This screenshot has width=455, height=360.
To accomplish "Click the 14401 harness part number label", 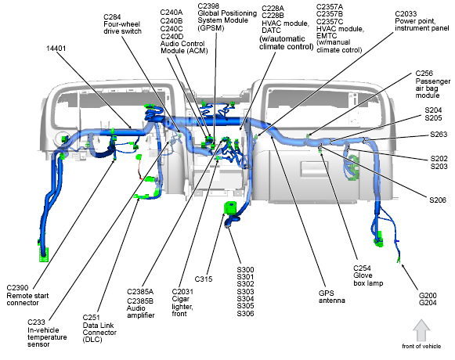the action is (56, 49).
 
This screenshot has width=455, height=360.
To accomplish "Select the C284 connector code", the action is (112, 17).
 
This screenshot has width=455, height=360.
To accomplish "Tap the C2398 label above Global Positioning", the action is (208, 6).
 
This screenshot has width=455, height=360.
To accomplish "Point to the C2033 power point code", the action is (406, 14).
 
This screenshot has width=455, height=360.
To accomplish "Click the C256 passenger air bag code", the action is (424, 74).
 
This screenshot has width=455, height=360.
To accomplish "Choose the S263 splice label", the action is (439, 135).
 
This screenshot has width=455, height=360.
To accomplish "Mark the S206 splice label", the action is (438, 200).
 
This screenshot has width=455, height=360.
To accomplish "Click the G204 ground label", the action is (428, 303).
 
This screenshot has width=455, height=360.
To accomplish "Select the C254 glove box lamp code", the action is (362, 268).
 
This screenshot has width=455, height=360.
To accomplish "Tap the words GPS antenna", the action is (332, 297).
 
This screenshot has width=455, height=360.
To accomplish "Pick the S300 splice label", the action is (245, 269).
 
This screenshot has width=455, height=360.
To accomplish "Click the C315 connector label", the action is (204, 279).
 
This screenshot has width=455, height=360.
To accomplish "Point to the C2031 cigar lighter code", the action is (182, 292).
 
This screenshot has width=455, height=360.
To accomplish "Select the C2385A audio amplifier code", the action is (140, 292).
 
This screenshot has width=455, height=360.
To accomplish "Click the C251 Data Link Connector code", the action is (91, 318).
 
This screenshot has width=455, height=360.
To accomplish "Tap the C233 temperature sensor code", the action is (36, 322).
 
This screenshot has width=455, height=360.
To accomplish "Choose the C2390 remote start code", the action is (17, 288).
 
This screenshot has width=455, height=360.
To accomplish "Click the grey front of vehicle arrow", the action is (421, 330).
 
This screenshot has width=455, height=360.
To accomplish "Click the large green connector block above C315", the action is (231, 208).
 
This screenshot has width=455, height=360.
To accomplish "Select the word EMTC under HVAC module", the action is (327, 36).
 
